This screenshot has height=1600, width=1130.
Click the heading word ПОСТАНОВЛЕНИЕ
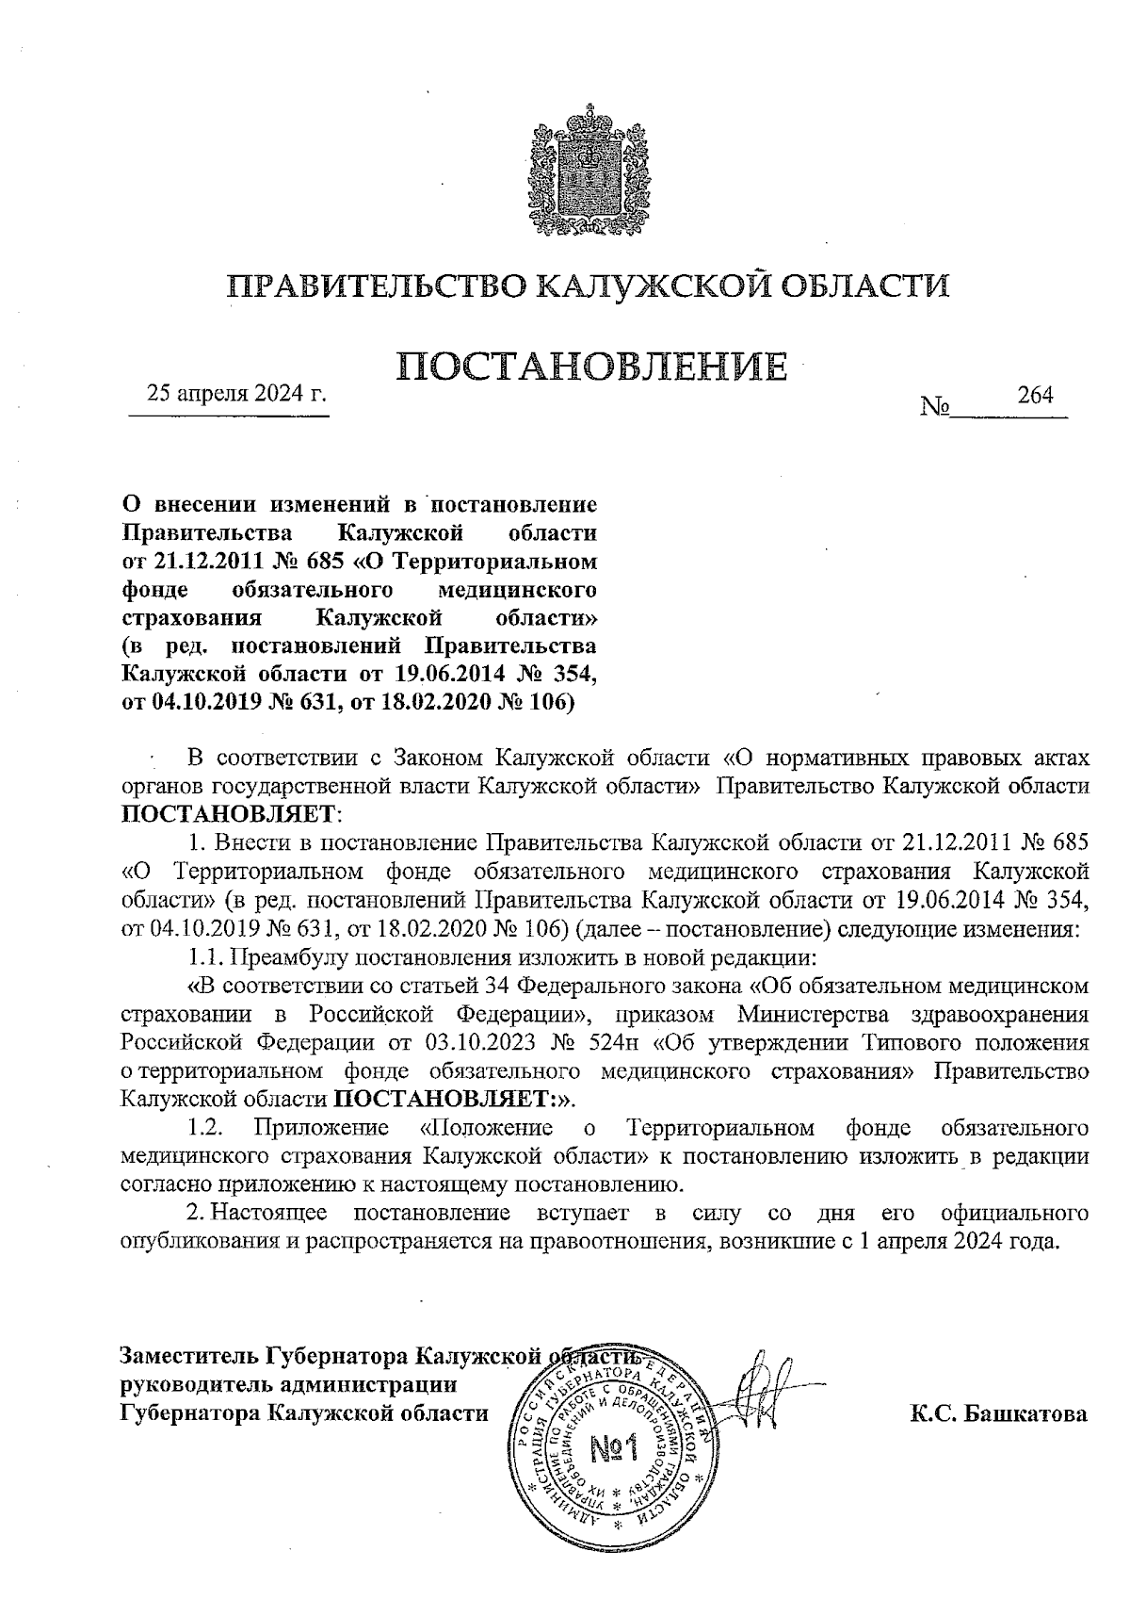590,366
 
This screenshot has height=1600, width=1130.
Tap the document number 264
1035,395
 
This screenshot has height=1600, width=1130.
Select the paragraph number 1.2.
204,1128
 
